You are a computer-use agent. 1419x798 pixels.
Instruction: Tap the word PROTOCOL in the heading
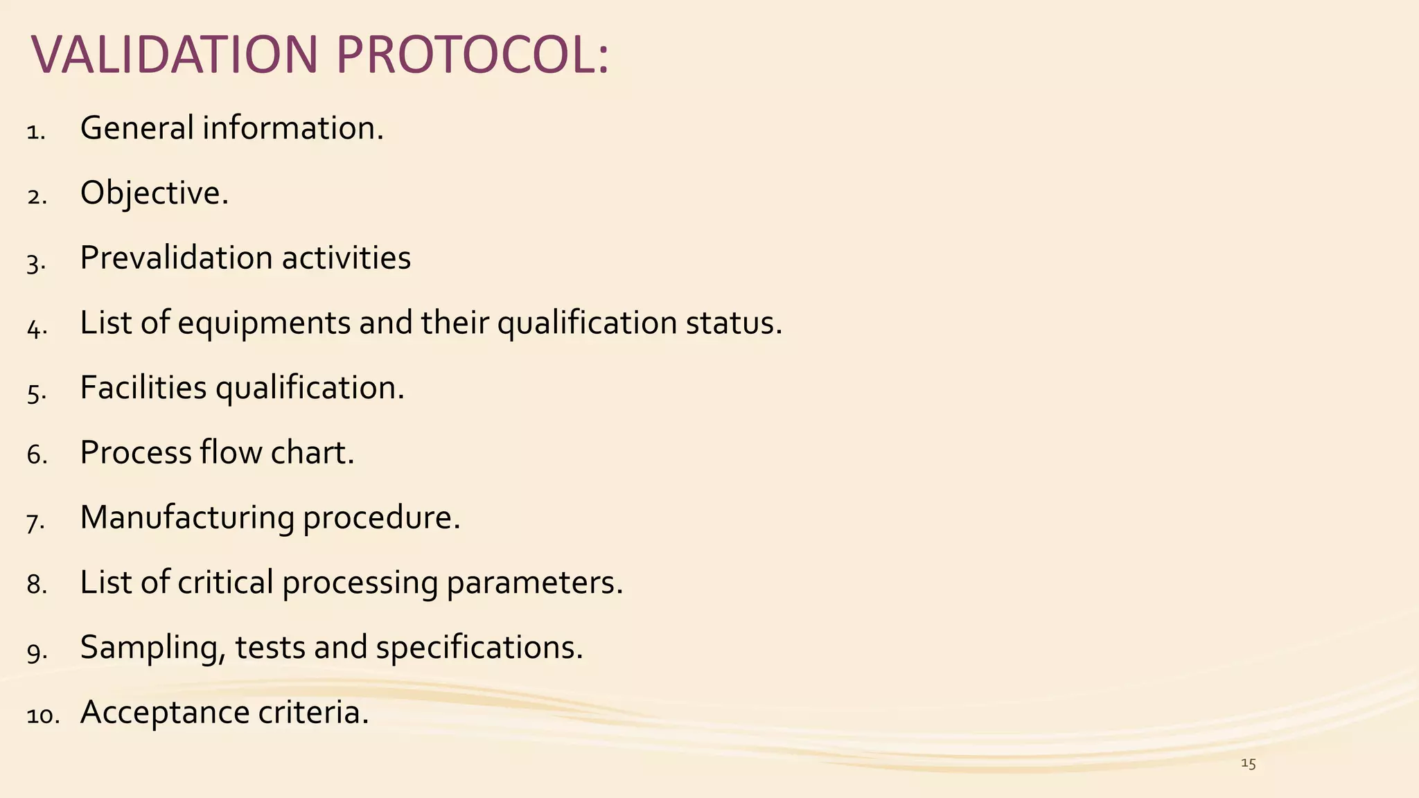tap(471, 55)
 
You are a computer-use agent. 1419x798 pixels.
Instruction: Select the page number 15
tap(1248, 764)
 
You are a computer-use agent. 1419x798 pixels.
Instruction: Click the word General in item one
tap(136, 128)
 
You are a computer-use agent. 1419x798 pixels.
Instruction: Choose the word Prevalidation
tap(176, 258)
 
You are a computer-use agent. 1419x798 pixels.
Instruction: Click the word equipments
tap(264, 323)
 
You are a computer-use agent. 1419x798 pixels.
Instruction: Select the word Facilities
tap(143, 388)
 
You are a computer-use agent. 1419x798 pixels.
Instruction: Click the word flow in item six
tap(231, 453)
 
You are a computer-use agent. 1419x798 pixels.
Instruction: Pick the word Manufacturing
tap(187, 518)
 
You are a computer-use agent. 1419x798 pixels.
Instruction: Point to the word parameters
tap(534, 583)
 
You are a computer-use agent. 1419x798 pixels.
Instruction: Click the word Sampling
tap(152, 648)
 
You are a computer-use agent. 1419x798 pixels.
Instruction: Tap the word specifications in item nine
tap(479, 648)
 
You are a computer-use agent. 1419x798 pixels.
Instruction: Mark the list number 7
tap(36, 521)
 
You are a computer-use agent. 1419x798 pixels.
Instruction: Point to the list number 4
tap(36, 327)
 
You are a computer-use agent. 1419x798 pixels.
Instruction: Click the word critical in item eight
tap(225, 583)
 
